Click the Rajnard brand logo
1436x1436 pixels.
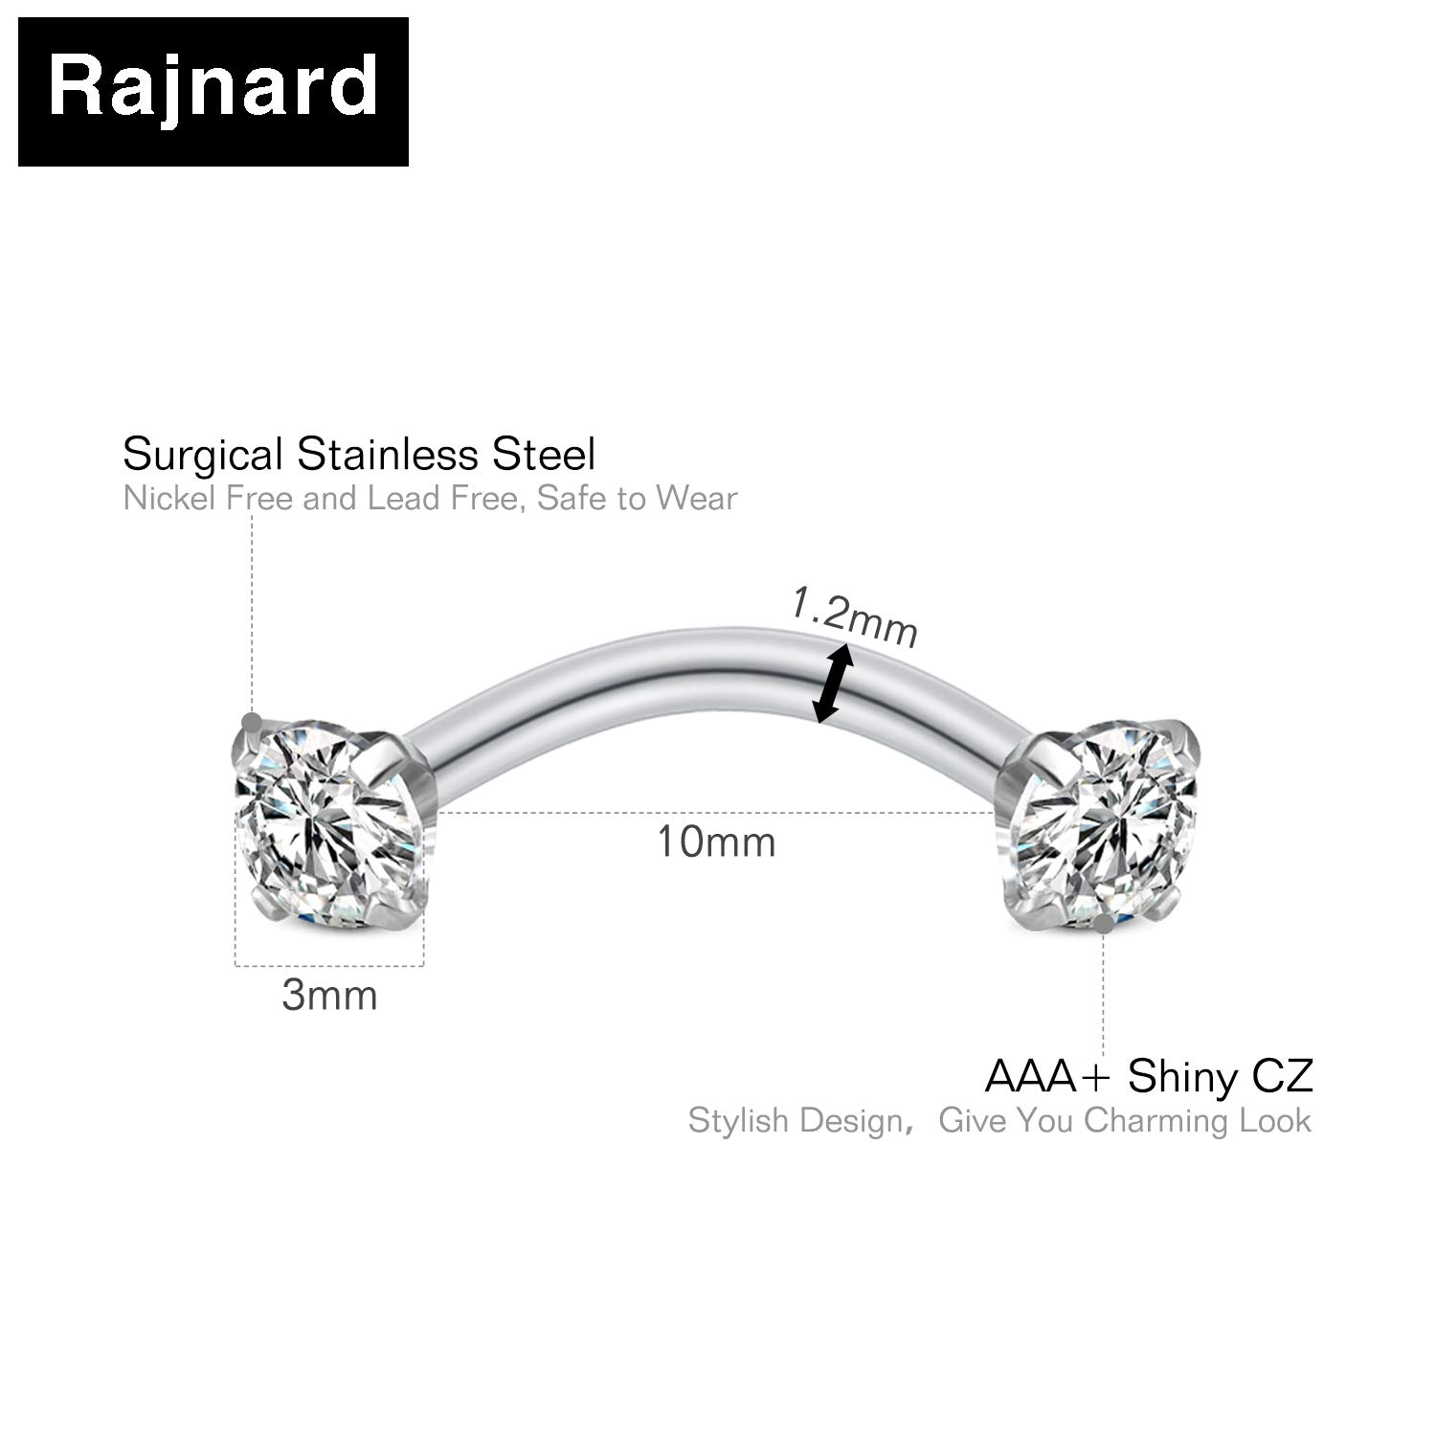pyautogui.click(x=213, y=91)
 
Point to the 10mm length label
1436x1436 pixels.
pyautogui.click(x=716, y=841)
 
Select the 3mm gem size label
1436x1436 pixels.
pyautogui.click(x=329, y=996)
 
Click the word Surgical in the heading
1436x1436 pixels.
pyautogui.click(x=205, y=454)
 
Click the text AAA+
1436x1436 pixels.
pyautogui.click(x=1048, y=1076)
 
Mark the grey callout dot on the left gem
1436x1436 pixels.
pyautogui.click(x=252, y=722)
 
